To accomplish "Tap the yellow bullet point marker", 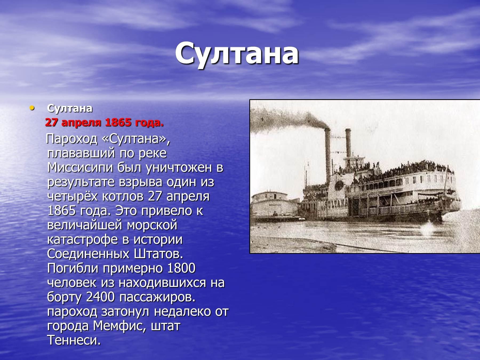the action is [32, 108].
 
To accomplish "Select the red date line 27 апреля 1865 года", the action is [104, 123].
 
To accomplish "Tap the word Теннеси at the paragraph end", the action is [74, 340].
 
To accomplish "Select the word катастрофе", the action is [82, 239].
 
